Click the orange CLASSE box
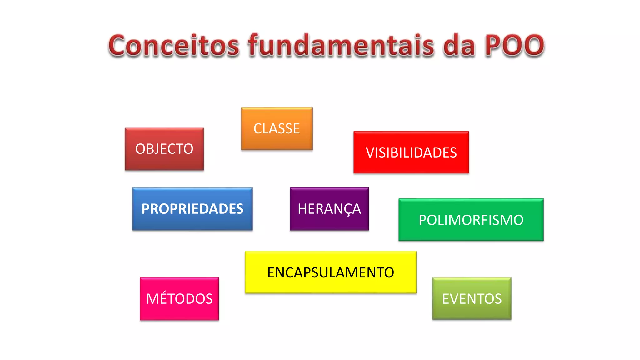(x=277, y=128)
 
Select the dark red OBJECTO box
(x=164, y=149)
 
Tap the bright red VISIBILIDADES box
(x=411, y=152)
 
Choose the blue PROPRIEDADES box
(x=192, y=209)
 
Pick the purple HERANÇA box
(x=329, y=209)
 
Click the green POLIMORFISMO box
(x=471, y=220)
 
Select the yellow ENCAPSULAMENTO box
(x=331, y=272)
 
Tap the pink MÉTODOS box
(x=179, y=299)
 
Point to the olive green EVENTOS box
(x=472, y=298)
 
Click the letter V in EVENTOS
(x=455, y=299)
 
